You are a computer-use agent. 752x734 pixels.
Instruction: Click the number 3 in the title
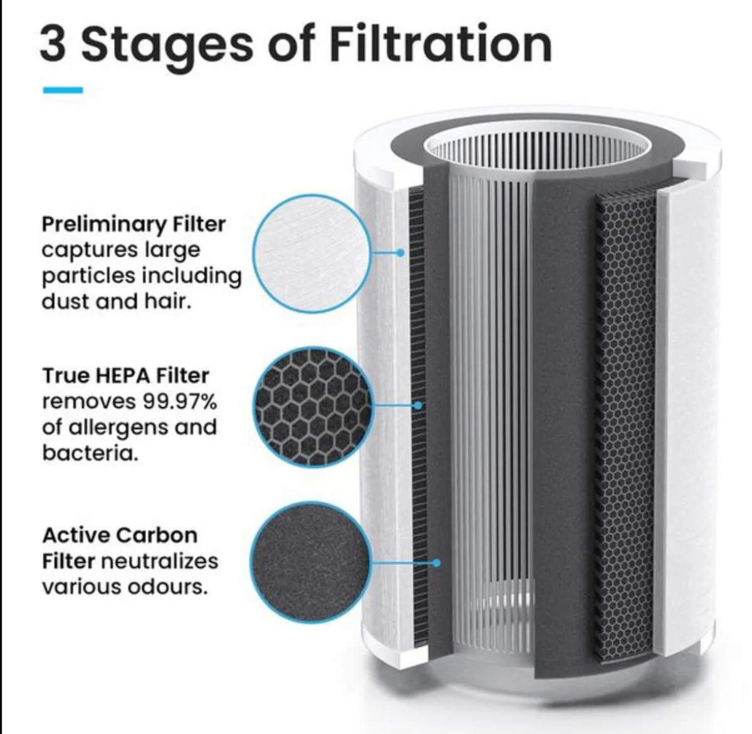tap(53, 44)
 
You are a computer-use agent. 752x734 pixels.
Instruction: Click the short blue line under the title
tap(63, 90)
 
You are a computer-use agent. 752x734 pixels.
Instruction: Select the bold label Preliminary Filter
tap(133, 224)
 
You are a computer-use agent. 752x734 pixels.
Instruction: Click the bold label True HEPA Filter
tap(125, 375)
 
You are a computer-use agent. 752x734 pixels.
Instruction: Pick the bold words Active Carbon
tap(120, 535)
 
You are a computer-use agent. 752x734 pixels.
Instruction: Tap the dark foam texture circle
tap(310, 562)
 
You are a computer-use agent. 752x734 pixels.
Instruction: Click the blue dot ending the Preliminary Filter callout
tap(400, 253)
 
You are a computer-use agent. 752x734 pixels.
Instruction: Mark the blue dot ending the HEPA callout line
tap(418, 406)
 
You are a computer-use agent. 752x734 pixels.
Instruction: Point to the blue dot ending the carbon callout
tap(436, 563)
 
